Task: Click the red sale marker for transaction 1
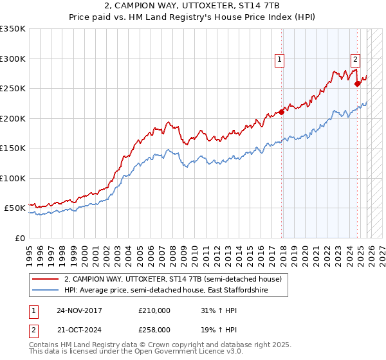tap(281, 112)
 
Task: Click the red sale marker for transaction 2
tap(357, 83)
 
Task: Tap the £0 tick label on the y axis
tap(19, 238)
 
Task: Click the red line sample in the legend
tap(46, 280)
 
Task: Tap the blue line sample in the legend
tap(46, 291)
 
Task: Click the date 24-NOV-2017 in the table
tap(79, 310)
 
